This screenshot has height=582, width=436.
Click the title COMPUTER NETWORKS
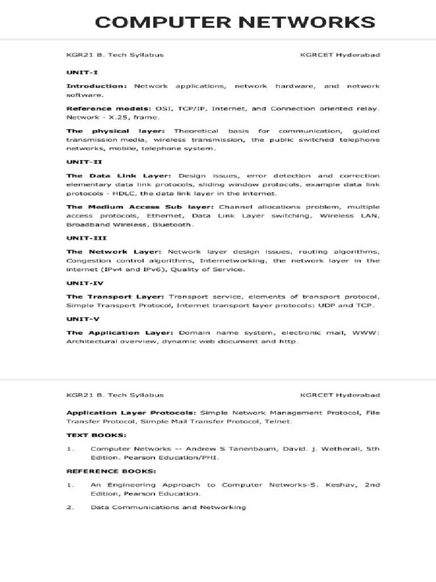235,22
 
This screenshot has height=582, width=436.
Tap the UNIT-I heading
78,73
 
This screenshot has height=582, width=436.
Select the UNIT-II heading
80,162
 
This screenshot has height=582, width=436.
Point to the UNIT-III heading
82,238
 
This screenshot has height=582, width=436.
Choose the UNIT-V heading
79,319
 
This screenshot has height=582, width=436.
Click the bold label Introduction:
97,86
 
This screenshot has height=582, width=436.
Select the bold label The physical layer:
116,131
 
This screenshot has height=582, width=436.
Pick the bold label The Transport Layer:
115,297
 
